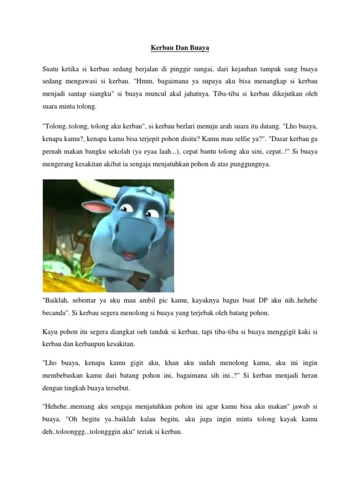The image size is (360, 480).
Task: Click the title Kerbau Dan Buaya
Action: (180, 48)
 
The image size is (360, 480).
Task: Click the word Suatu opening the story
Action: (51, 68)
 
